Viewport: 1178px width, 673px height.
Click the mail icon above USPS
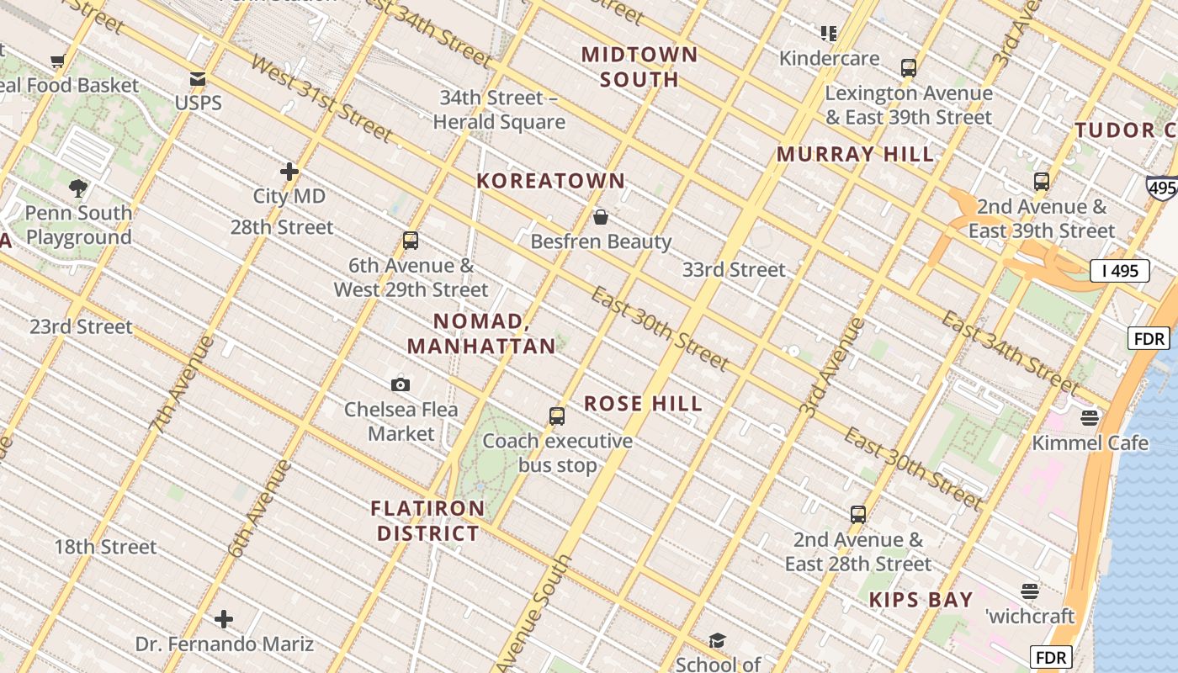pos(198,79)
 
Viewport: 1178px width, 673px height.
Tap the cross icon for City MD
pos(289,172)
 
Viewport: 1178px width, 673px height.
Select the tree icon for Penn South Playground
pos(78,188)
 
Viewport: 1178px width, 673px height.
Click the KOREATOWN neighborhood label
pos(551,181)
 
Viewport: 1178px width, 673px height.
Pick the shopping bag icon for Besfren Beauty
pos(601,218)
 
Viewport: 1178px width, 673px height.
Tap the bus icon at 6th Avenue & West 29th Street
pos(411,241)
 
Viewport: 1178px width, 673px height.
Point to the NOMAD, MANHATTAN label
pos(481,333)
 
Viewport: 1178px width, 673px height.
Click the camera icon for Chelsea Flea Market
pos(401,384)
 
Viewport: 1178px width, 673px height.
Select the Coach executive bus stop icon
pos(557,416)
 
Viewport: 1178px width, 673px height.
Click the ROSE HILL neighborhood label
pos(644,404)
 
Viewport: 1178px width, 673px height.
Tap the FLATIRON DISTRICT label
pos(428,521)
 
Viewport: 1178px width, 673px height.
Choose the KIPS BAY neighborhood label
pos(921,600)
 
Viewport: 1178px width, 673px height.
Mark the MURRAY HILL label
pos(855,154)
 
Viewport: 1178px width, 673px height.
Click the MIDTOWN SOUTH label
pos(639,67)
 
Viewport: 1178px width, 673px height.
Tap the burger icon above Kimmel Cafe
pos(1090,418)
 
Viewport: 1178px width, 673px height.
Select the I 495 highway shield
pos(1119,271)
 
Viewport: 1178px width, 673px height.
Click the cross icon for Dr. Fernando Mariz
pos(224,619)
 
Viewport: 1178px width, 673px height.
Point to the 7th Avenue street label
pos(183,384)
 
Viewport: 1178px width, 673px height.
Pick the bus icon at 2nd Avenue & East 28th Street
pos(858,515)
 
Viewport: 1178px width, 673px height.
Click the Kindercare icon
pos(829,34)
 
